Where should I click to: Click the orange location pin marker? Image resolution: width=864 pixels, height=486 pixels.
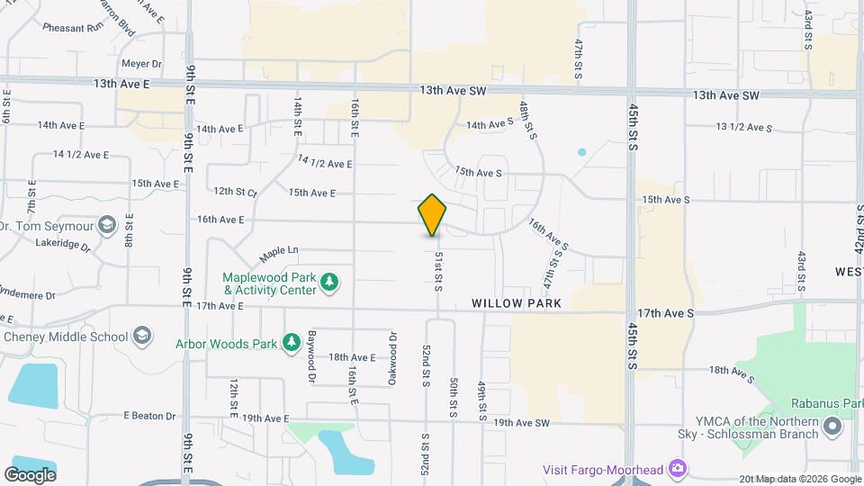[x=433, y=215]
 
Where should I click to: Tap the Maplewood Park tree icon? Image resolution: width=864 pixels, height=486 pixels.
[x=330, y=283]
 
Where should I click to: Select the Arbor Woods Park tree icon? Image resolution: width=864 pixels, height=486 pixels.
[x=291, y=342]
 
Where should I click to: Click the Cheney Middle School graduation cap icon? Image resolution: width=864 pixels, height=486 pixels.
[x=141, y=337]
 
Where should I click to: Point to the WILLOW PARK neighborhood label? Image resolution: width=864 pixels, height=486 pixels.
[x=517, y=303]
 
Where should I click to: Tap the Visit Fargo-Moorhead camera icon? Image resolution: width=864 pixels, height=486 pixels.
[x=678, y=469]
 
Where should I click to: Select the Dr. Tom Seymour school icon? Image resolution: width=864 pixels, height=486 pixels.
[x=107, y=224]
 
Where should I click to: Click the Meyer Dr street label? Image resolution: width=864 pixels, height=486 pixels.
[x=141, y=64]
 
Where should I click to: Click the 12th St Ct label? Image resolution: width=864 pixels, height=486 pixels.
[x=236, y=192]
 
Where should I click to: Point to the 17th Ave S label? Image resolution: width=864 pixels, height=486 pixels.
[x=665, y=313]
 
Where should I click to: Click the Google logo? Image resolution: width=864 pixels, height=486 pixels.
[x=30, y=474]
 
